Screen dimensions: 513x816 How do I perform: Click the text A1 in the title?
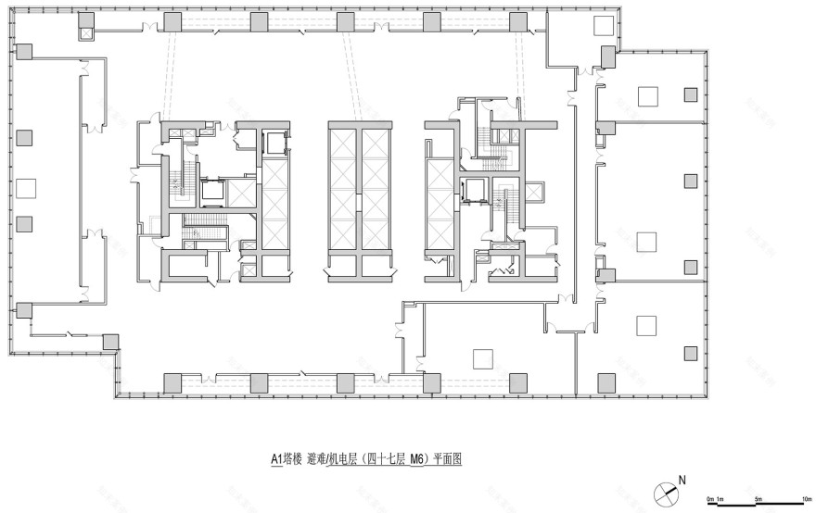pyautogui.click(x=276, y=457)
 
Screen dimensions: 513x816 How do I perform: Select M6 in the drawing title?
pyautogui.click(x=418, y=457)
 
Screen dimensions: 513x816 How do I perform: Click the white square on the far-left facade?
pyautogui.click(x=25, y=188)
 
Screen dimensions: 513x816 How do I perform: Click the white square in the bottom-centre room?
pyautogui.click(x=481, y=357)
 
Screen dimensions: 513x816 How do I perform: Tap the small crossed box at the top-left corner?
pyautogui.click(x=86, y=33)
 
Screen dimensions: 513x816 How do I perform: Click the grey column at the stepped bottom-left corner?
pyautogui.click(x=110, y=342)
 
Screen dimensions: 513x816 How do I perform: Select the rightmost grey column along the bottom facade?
pyautogui.click(x=605, y=382)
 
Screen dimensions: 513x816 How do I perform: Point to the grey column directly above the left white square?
pyautogui.click(x=25, y=137)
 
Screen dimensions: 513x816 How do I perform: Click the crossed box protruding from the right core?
pyautogui.click(x=534, y=193)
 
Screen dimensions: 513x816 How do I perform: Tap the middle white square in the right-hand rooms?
pyautogui.click(x=646, y=241)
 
